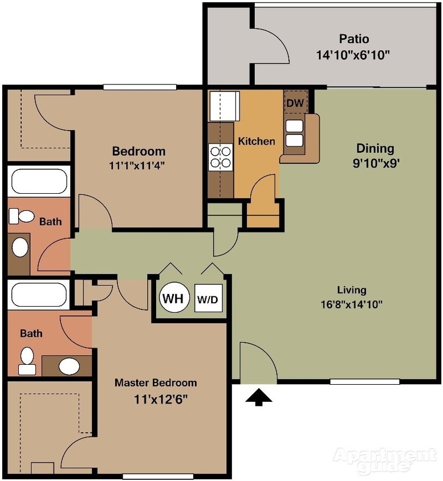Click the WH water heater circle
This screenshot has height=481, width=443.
click(x=174, y=298)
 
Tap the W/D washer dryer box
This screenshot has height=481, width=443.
click(x=208, y=299)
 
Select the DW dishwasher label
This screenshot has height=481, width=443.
click(x=294, y=103)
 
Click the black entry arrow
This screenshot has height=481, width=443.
click(x=258, y=397)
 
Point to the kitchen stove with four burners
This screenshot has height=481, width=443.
click(x=221, y=156)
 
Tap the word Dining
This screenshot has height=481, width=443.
click(x=375, y=149)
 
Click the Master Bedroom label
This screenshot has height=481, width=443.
click(x=156, y=382)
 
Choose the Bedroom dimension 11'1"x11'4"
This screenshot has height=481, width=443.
click(x=139, y=166)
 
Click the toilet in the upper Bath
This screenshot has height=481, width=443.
click(x=22, y=217)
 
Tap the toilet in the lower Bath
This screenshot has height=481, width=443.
click(x=26, y=361)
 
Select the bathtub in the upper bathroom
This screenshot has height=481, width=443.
click(x=39, y=182)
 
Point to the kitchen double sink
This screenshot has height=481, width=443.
click(x=294, y=133)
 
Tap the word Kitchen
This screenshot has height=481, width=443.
click(x=256, y=141)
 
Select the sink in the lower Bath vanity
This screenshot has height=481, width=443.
click(x=70, y=365)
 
